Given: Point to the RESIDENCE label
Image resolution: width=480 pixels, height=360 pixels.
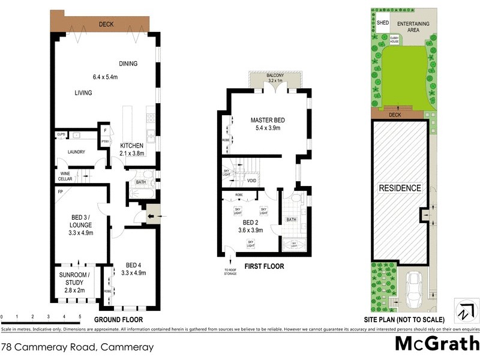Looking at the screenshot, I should tap(400, 188).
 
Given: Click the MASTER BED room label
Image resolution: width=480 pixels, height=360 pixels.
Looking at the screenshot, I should tap(268, 119).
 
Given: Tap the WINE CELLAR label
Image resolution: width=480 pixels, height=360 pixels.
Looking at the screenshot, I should tap(65, 176).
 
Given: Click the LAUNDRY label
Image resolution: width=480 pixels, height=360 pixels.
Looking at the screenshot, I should tap(76, 152).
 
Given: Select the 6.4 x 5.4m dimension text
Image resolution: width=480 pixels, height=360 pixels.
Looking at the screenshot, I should tap(113, 77).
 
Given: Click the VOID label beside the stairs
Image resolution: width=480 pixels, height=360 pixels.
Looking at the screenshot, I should tap(251, 180).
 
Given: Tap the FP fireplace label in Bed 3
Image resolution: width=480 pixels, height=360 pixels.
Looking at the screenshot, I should tap(61, 192).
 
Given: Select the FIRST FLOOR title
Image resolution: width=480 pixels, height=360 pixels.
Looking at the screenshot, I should tap(264, 266).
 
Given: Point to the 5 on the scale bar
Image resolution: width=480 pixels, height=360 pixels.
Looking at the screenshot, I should tap(80, 316).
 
